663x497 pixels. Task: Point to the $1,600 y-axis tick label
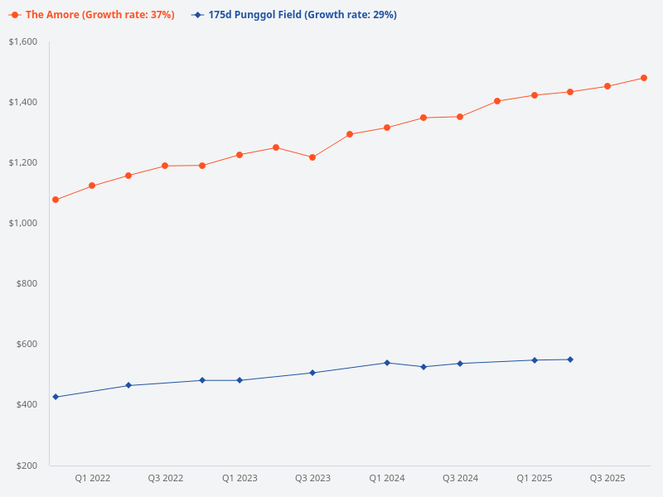click(x=23, y=41)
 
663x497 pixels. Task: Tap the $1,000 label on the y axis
click(x=23, y=223)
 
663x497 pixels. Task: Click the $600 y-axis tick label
click(x=27, y=344)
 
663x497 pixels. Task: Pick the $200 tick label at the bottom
click(x=27, y=465)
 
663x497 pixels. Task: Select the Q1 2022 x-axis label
click(x=93, y=478)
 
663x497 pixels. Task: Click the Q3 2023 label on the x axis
click(x=312, y=478)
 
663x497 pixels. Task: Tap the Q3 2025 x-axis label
click(x=607, y=478)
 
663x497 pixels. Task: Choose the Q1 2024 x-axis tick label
click(x=386, y=478)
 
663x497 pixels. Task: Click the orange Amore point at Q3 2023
click(x=312, y=157)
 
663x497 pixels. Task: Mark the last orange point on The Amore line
click(x=644, y=78)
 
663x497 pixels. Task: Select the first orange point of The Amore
click(x=56, y=200)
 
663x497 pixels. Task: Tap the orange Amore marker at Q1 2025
click(x=535, y=95)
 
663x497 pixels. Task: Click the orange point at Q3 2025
click(x=607, y=86)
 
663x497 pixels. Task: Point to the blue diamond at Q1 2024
click(x=386, y=363)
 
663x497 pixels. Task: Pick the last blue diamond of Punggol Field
click(x=570, y=359)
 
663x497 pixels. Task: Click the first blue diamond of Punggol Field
click(x=56, y=397)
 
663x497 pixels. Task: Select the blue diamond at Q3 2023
click(x=312, y=373)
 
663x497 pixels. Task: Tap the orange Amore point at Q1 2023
click(x=240, y=155)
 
